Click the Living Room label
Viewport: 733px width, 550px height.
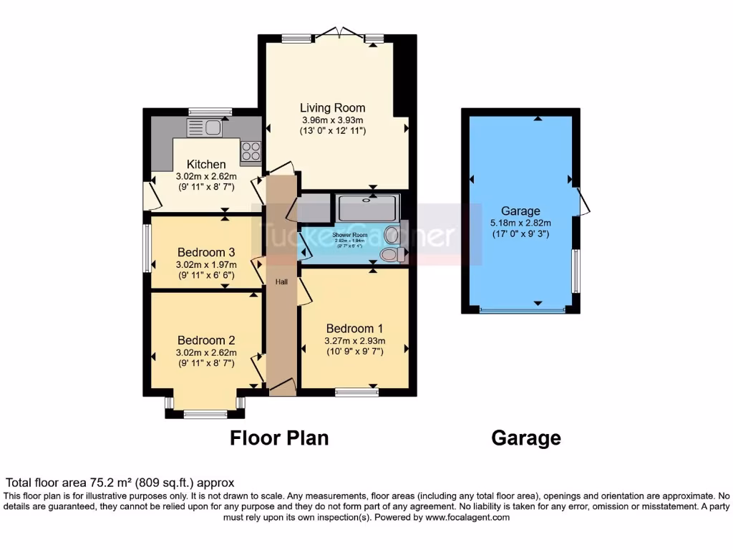(x=332, y=108)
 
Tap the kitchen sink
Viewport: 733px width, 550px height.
(x=205, y=127)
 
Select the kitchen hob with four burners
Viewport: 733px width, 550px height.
(x=251, y=150)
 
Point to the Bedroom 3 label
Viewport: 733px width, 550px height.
(x=206, y=252)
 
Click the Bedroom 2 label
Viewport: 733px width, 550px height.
(x=206, y=340)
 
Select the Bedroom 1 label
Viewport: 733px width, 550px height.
(x=354, y=328)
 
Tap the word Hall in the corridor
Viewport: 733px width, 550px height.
(x=282, y=282)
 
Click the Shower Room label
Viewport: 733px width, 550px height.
(x=350, y=234)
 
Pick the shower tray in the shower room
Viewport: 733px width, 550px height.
(x=368, y=208)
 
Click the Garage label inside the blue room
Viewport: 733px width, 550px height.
(x=520, y=211)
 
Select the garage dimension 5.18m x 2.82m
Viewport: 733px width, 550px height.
(x=520, y=223)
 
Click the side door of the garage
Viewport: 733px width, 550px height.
(x=584, y=203)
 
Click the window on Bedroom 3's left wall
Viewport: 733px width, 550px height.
(x=147, y=249)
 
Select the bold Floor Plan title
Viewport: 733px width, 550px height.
(x=279, y=438)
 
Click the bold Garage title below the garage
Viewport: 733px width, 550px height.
(x=526, y=438)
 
